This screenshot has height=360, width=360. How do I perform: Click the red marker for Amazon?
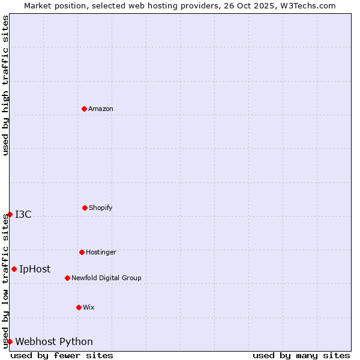click(84, 109)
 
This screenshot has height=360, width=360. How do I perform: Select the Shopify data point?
click(85, 208)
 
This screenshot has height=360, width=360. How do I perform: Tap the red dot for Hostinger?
click(82, 252)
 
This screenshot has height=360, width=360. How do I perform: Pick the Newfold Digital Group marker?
click(67, 278)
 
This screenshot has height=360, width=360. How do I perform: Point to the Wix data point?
click(79, 307)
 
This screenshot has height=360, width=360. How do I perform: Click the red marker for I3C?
click(10, 214)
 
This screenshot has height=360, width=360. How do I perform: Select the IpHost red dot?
click(14, 269)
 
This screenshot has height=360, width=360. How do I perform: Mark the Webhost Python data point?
click(10, 341)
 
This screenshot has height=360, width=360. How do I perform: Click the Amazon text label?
click(101, 109)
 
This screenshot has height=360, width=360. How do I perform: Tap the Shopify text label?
click(101, 208)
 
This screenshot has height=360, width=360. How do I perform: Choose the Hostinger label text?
click(101, 253)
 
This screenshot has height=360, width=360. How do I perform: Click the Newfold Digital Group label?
click(106, 278)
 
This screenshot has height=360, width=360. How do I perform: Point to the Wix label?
click(89, 308)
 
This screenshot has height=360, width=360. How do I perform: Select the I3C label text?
click(23, 215)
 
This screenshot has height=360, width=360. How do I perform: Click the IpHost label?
click(35, 269)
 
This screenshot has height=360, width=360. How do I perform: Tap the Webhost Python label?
click(54, 342)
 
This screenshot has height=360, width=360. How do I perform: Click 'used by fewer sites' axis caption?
click(62, 355)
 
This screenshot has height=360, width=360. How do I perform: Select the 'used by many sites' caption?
click(301, 355)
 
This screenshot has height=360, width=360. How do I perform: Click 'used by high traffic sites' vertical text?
click(5, 85)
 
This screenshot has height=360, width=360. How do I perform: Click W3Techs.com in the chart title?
click(307, 5)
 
